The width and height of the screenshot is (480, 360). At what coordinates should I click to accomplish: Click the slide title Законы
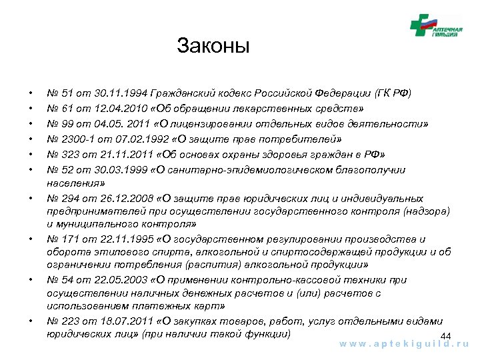pos(213,47)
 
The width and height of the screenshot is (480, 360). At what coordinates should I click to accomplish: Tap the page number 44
pos(447,335)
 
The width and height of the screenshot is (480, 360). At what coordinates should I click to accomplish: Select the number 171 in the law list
pos(68,239)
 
